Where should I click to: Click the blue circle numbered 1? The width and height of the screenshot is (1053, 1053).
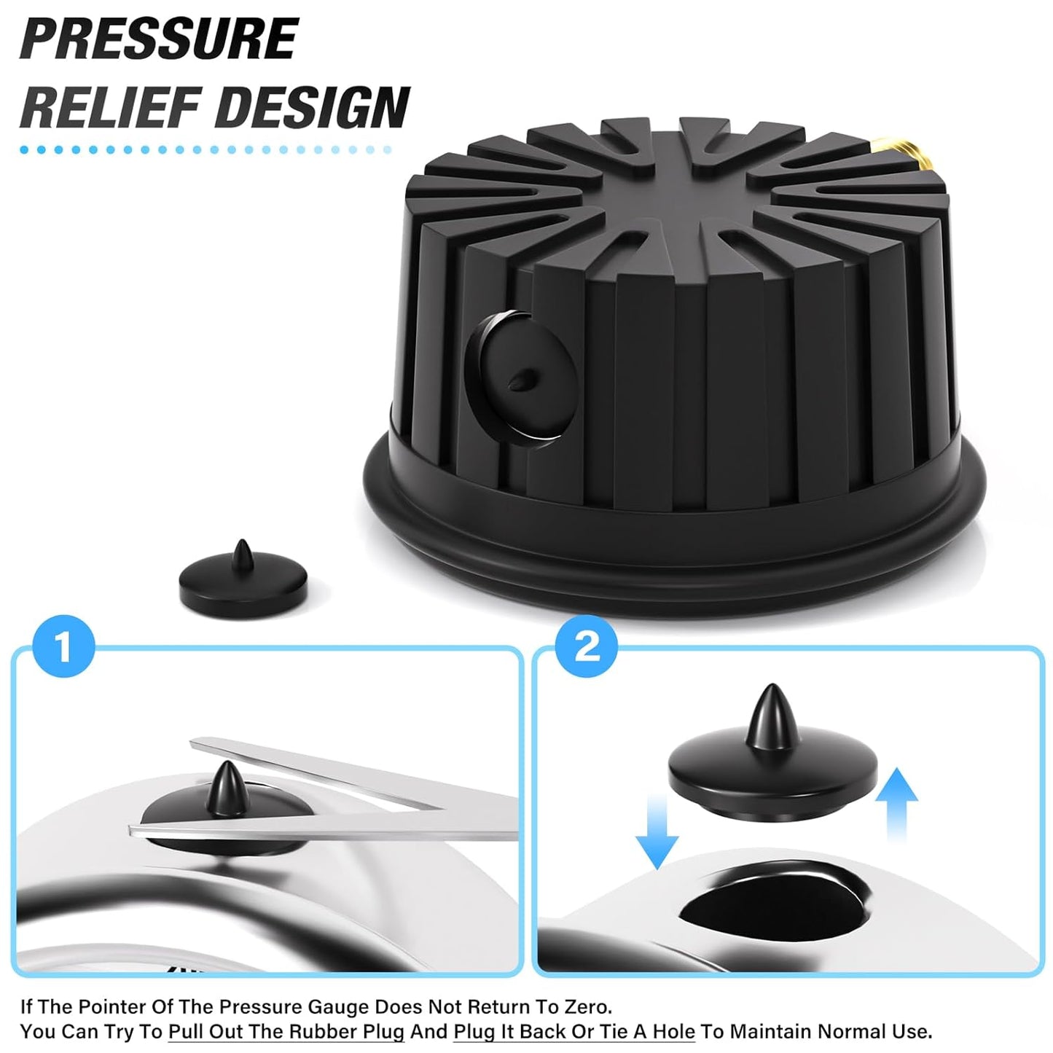[64, 646]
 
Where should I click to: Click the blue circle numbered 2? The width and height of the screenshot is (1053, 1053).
[587, 646]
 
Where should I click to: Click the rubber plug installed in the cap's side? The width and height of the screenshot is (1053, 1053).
[521, 377]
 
